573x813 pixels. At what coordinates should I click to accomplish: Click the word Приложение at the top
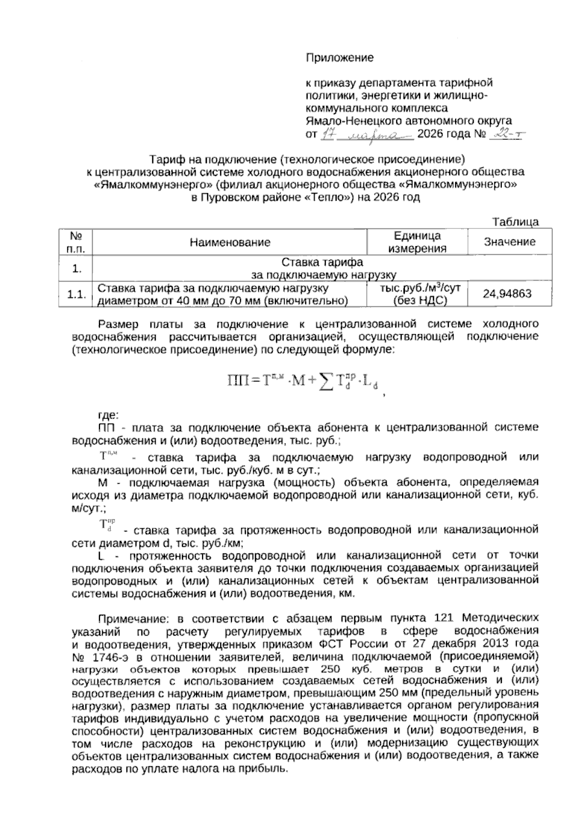340,58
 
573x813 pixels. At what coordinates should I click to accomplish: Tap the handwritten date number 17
328,135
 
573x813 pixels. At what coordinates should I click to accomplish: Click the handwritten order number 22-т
506,135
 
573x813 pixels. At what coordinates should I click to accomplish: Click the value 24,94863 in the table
507,293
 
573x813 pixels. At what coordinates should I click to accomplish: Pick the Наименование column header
230,242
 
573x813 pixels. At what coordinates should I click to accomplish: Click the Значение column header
509,242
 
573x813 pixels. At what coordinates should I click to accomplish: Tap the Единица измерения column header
417,242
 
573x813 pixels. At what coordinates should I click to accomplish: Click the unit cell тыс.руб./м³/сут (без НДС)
417,294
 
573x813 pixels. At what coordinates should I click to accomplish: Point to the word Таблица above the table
516,222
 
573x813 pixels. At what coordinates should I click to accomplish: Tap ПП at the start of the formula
237,381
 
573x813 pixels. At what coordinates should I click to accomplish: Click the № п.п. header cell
75,242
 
